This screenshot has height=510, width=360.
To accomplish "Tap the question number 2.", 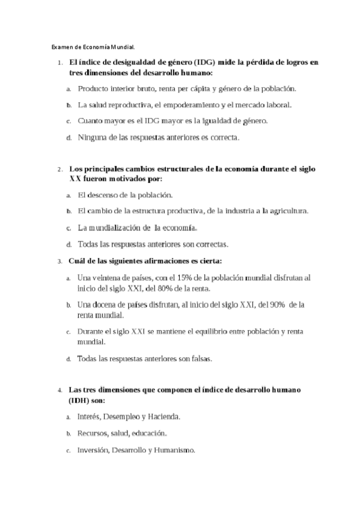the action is (59, 171).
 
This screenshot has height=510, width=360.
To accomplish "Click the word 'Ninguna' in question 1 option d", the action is (92, 137).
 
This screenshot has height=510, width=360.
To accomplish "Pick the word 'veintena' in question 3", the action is (107, 278).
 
